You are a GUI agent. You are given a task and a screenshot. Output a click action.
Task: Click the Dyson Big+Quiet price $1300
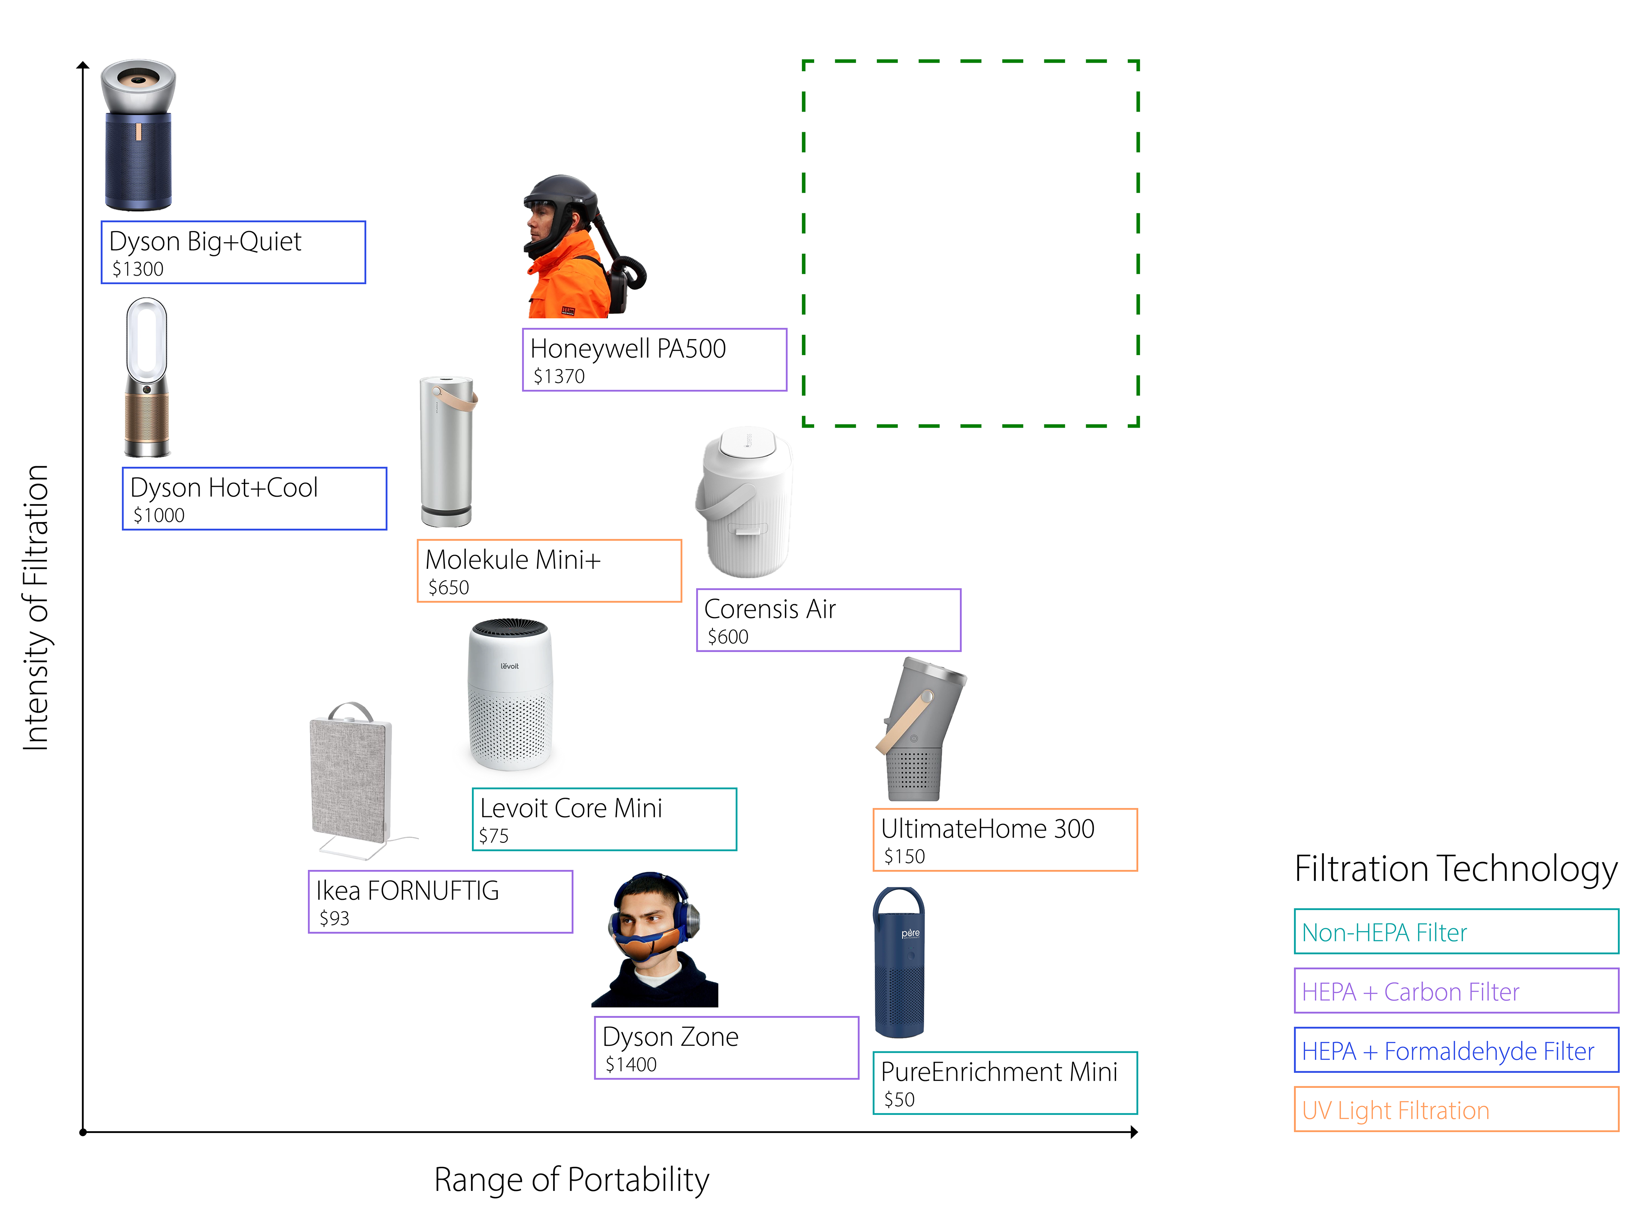(x=138, y=269)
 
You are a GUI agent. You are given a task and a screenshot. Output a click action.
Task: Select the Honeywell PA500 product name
(x=628, y=348)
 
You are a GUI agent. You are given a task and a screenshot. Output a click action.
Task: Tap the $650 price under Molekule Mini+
(x=448, y=588)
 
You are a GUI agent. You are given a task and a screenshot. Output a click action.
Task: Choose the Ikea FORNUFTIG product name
(x=407, y=890)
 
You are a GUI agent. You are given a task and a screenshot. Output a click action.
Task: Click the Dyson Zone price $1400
(x=631, y=1065)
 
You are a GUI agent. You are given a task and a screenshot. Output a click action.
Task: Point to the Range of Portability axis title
(x=572, y=1179)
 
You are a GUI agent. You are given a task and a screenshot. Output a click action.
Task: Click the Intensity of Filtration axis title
(x=36, y=607)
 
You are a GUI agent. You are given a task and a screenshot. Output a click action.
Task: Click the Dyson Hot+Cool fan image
(x=147, y=378)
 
